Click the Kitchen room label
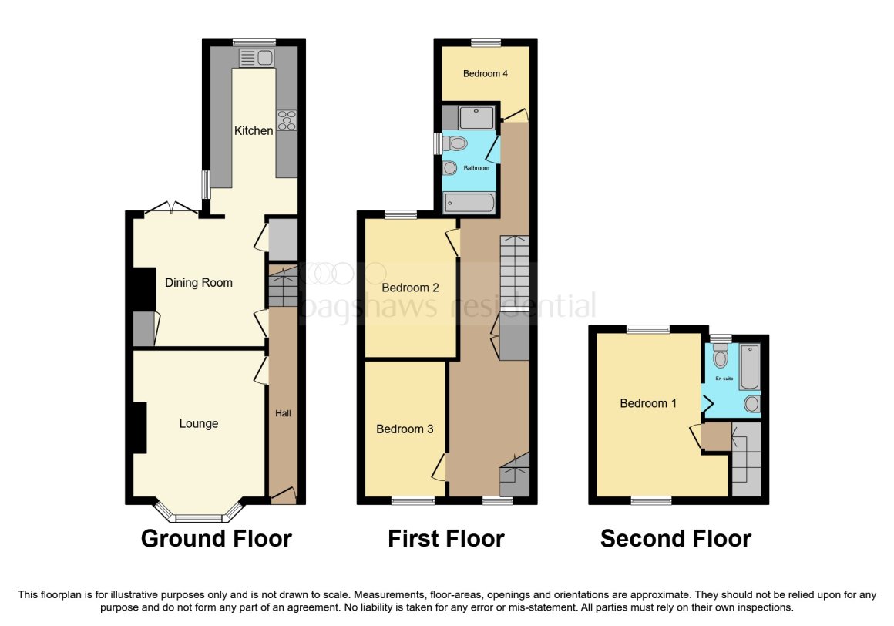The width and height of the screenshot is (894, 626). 253,130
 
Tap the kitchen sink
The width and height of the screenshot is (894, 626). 257,58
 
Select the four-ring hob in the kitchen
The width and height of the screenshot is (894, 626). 287,120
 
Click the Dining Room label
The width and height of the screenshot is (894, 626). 198,283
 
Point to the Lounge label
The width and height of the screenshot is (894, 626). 198,423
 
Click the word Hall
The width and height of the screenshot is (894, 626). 283,413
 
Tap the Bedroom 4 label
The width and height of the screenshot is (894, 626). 486,73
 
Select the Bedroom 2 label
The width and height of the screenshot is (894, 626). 411,288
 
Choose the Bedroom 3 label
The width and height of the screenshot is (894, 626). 405,429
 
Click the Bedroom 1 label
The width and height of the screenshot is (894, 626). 648,404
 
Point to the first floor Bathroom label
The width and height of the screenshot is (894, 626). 476,168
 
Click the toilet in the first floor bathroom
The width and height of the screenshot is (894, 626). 455,143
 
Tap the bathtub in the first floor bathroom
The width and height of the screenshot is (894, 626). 469,203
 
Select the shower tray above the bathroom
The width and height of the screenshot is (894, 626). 476,118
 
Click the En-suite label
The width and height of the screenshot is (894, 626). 724,379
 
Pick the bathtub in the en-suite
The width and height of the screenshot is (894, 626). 749,367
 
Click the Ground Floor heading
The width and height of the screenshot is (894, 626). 216,539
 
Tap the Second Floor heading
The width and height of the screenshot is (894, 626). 676,539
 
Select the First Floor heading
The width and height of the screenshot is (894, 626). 446,539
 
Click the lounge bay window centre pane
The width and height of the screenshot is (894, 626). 199,518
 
